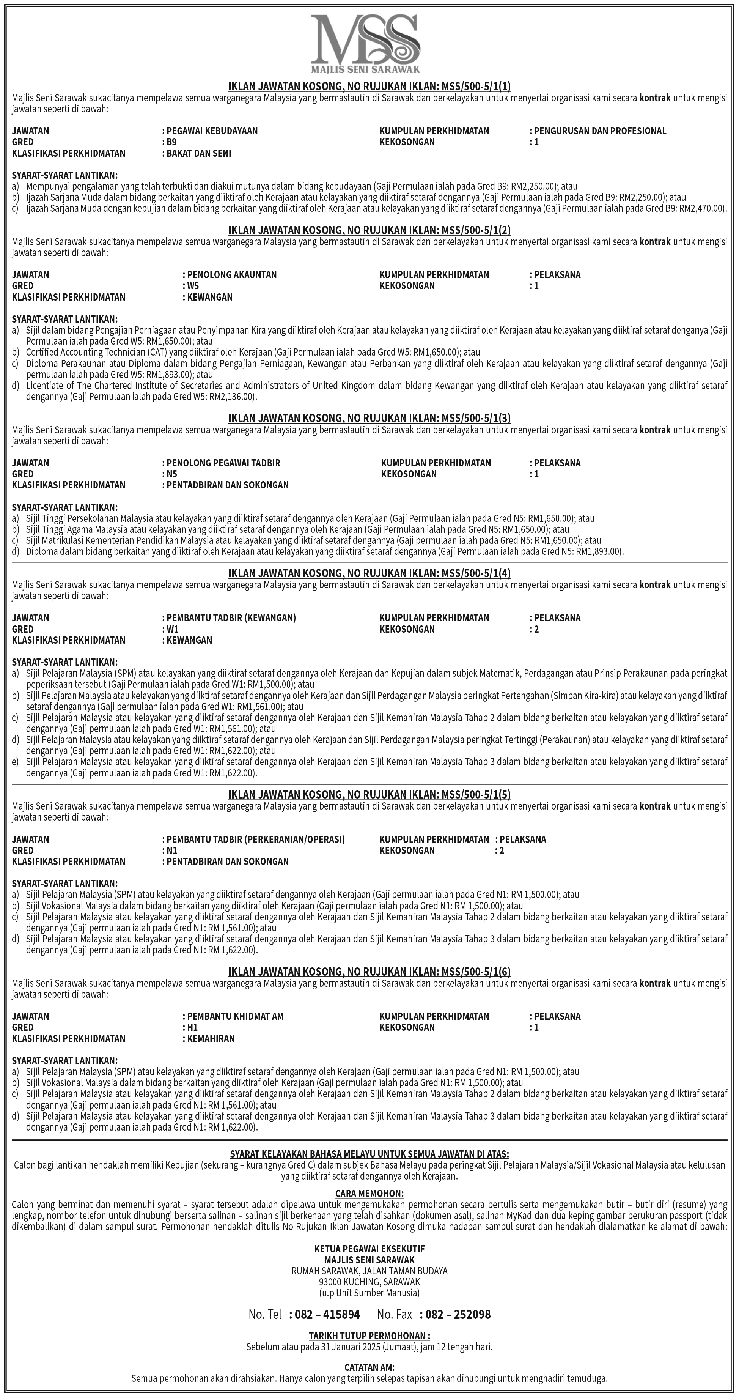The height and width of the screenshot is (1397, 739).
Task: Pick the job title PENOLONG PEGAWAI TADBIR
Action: click(x=223, y=463)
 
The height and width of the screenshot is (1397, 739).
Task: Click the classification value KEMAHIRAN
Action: click(x=211, y=1038)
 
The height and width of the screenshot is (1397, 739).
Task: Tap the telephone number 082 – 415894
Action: click(x=324, y=1314)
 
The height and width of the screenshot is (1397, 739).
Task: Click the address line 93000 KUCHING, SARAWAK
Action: click(x=369, y=1282)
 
